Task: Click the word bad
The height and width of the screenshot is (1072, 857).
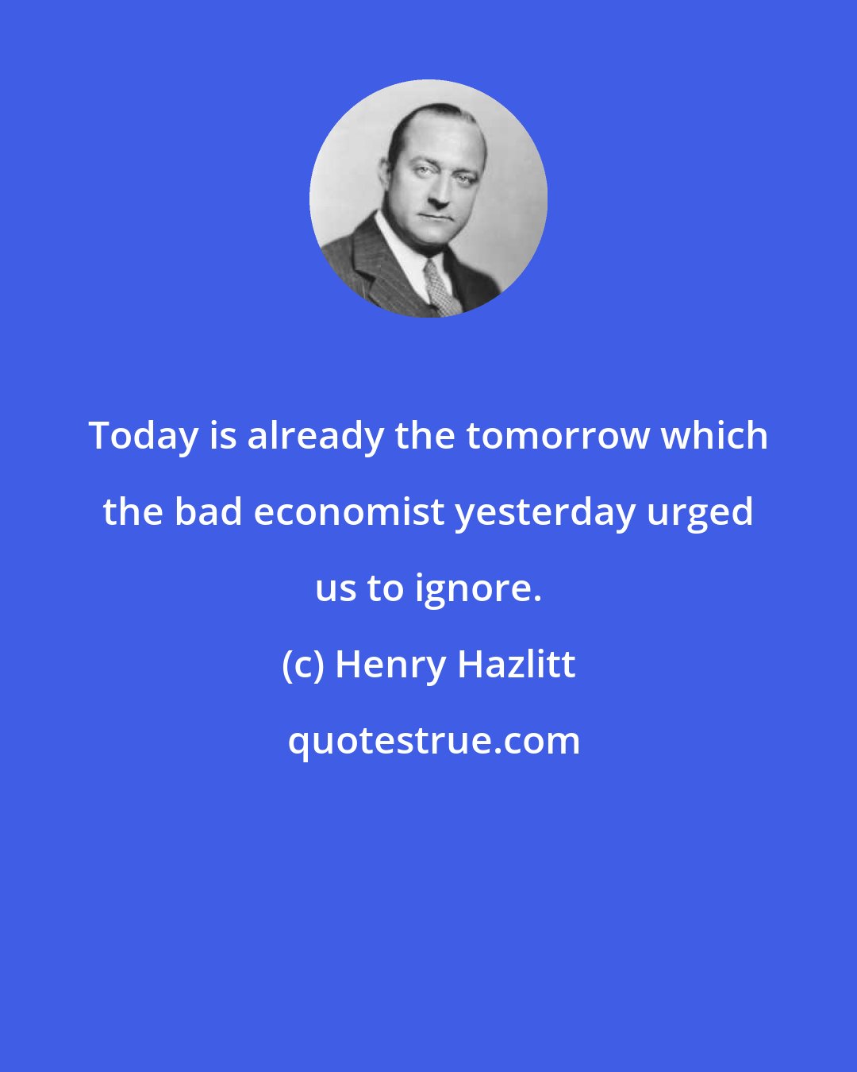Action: (x=208, y=512)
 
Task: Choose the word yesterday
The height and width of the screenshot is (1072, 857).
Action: (x=545, y=512)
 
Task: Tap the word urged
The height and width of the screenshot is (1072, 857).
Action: (x=700, y=512)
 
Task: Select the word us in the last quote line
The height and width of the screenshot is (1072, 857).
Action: (x=335, y=588)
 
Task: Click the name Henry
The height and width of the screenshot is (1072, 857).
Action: (x=390, y=665)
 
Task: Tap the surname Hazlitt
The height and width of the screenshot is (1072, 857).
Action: (x=517, y=665)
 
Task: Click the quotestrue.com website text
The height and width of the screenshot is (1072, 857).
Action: (x=433, y=741)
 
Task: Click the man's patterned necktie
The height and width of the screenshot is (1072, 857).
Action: (x=439, y=286)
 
